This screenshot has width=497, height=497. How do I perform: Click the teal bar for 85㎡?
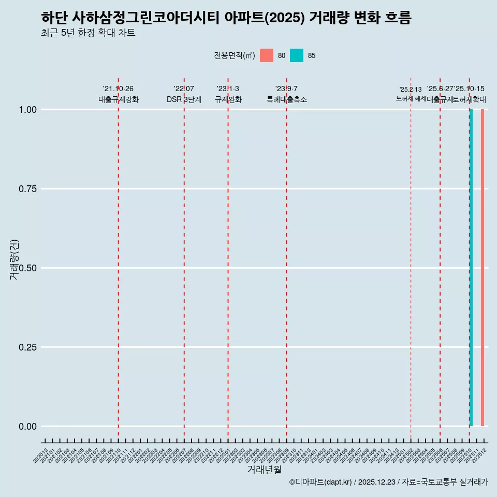pos(471,268)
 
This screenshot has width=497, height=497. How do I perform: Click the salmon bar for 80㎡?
pos(483,268)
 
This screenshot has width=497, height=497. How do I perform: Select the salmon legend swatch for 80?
pos(267,55)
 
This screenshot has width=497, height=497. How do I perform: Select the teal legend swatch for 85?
pos(297,55)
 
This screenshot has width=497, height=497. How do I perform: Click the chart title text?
pos(226,18)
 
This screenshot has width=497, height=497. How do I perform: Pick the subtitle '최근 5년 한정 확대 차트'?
pos(88,33)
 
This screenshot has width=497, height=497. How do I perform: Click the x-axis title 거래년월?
pos(264,470)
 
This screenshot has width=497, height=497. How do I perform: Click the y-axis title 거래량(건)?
pos(14,259)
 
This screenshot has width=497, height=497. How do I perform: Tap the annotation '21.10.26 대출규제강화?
pos(119,94)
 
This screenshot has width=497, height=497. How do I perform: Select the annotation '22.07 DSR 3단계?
pos(184,94)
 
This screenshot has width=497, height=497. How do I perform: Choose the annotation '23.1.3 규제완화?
pos(228,94)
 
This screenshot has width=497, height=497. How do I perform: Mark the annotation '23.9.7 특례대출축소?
pos(286,94)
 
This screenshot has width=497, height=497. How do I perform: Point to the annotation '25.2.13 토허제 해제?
pos(411,94)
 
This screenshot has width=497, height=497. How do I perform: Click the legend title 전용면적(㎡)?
pos(234,55)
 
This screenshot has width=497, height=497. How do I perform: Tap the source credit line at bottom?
pos(388,483)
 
